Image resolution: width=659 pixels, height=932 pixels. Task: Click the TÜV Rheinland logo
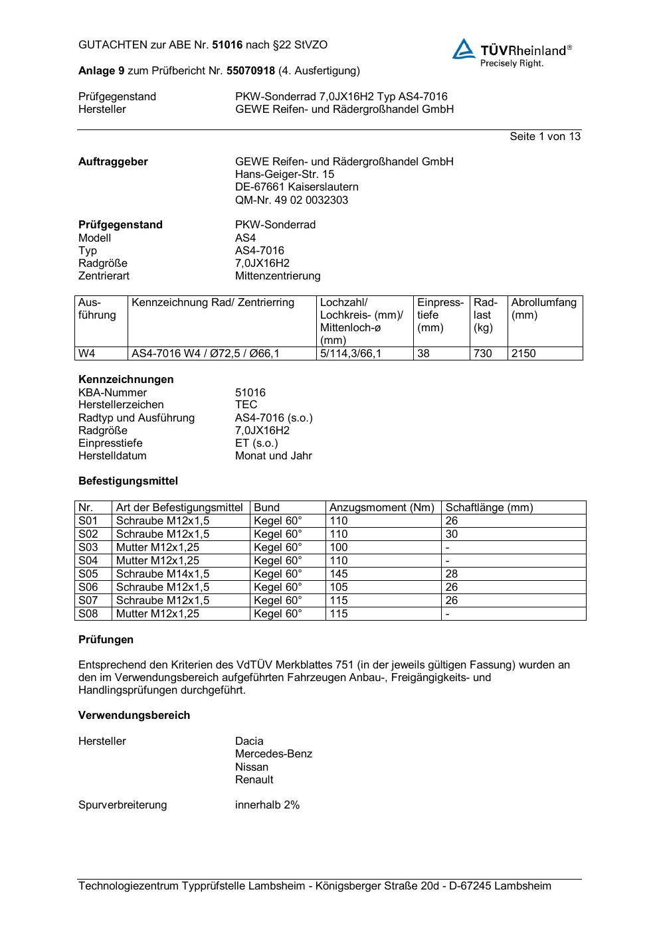512,52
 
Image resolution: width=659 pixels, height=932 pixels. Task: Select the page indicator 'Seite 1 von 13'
545,136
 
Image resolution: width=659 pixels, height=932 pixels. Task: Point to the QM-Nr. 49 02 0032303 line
291,200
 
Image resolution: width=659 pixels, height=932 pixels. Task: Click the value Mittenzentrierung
277,275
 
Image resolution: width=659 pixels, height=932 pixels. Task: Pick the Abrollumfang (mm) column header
543,309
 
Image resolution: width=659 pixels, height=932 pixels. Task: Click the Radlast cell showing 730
482,353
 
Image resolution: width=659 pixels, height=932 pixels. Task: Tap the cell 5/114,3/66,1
351,353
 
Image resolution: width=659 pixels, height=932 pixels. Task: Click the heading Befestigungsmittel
128,481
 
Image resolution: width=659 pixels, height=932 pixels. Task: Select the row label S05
88,574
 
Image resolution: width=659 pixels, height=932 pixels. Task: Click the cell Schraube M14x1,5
162,574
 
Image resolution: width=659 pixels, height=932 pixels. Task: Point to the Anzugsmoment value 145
338,574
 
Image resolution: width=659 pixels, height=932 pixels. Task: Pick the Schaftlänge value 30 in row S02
452,534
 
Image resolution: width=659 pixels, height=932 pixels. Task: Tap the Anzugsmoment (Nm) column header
381,507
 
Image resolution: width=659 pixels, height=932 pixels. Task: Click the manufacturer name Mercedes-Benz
273,753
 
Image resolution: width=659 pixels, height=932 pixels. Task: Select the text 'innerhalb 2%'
267,805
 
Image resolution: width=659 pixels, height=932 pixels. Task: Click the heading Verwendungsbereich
134,715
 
